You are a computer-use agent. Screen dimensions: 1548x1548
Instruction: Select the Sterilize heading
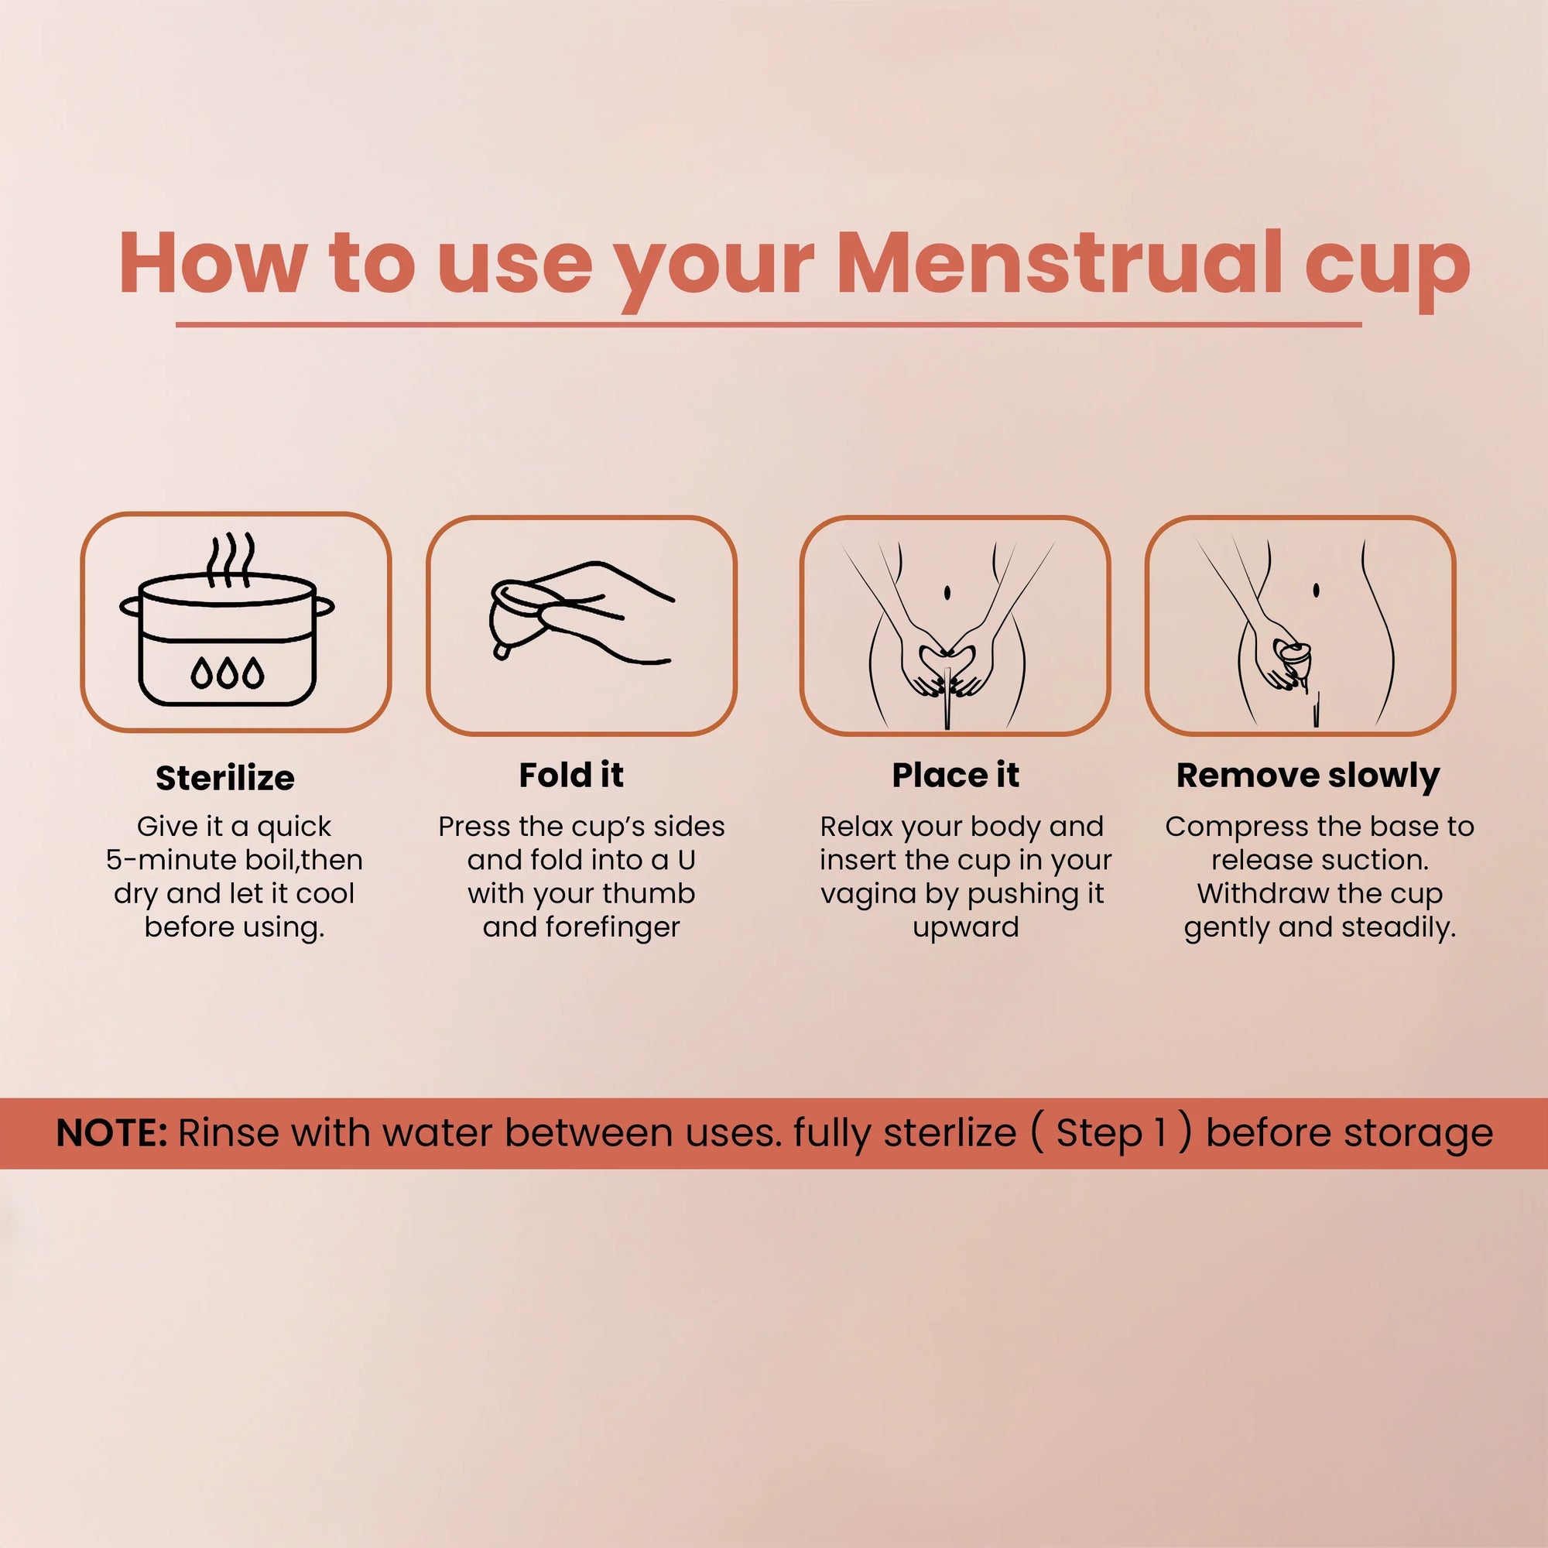tap(225, 778)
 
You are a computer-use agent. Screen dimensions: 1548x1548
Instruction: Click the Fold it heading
tap(570, 775)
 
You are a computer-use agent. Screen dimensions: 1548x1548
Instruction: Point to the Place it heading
tap(955, 775)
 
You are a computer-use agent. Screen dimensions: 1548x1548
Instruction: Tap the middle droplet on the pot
tap(229, 673)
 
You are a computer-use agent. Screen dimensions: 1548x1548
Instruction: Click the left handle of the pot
tap(130, 606)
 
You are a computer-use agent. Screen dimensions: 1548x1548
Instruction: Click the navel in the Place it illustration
tap(947, 593)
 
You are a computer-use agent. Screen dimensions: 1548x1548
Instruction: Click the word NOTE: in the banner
tap(111, 1133)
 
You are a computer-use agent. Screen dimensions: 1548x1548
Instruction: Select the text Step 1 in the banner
tap(1111, 1133)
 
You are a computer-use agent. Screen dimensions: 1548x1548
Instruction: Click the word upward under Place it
tap(965, 927)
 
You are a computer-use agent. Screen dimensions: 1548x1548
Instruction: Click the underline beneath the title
tap(769, 324)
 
